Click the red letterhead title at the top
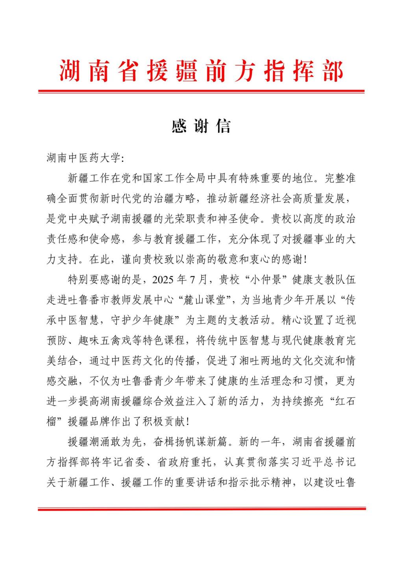[201, 71]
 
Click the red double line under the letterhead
[201, 92]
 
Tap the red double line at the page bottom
[201, 509]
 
